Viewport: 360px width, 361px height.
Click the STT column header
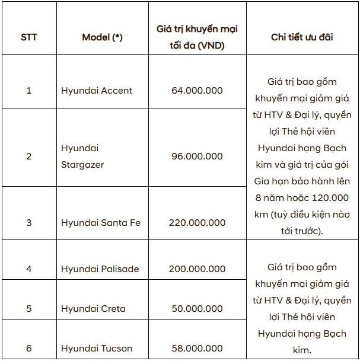(x=28, y=37)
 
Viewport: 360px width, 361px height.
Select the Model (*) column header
(x=102, y=37)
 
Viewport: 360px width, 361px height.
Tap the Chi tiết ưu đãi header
(x=302, y=37)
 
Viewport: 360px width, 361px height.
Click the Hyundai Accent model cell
(x=97, y=91)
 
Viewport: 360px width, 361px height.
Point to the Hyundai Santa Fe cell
(x=101, y=223)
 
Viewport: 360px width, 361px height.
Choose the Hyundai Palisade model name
(x=100, y=269)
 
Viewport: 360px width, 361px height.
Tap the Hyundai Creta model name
(x=93, y=309)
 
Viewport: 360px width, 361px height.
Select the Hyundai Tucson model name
(x=97, y=349)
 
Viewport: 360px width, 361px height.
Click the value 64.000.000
(x=196, y=91)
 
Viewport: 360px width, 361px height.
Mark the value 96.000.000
(x=196, y=156)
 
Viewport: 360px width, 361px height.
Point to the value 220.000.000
(x=196, y=223)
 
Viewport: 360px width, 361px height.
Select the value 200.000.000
(x=196, y=269)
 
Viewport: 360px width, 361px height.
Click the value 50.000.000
(x=196, y=309)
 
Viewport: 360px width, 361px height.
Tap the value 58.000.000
(x=196, y=349)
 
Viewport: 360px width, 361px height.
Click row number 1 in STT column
(x=28, y=91)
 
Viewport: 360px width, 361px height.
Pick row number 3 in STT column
(x=28, y=223)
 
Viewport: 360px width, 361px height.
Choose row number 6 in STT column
(x=28, y=349)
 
